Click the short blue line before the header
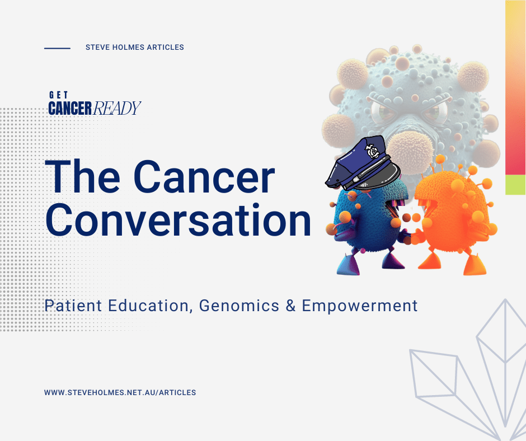(58, 48)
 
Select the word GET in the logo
(58, 95)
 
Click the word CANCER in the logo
(70, 108)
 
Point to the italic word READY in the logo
(117, 108)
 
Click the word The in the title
(82, 176)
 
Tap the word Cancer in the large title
(204, 176)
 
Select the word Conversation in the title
(178, 219)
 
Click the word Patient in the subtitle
(73, 306)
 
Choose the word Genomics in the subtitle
(239, 306)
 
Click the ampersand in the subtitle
(290, 306)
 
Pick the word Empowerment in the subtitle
(360, 306)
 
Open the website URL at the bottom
(120, 392)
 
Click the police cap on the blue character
(362, 163)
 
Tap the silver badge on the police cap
(372, 151)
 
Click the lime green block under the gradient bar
(515, 185)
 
